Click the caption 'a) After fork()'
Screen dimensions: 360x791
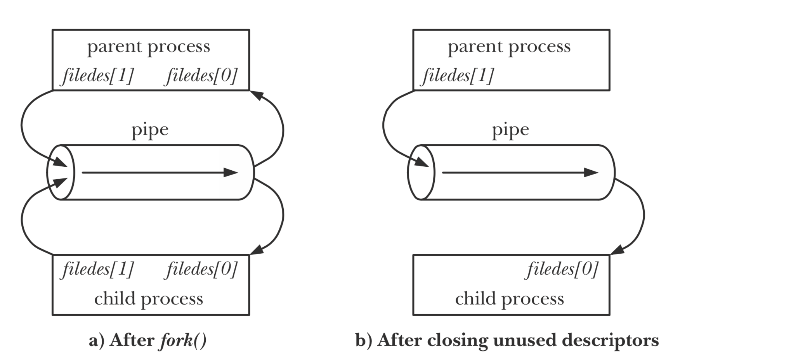coord(147,341)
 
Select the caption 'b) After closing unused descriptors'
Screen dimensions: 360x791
coord(507,341)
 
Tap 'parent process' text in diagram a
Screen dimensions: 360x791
coord(149,47)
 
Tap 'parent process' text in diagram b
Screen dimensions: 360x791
coord(509,47)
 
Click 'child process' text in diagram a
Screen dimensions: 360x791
coord(149,299)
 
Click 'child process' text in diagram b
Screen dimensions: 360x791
coord(509,299)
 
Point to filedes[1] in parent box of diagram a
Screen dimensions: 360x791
coord(98,75)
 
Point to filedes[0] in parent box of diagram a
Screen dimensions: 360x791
coord(202,75)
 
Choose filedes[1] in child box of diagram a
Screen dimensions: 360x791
coord(98,269)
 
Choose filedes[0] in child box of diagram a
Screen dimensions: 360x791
coord(202,269)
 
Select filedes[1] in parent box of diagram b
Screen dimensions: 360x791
coord(458,75)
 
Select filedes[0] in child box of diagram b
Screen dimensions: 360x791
coord(562,269)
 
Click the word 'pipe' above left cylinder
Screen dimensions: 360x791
coord(150,130)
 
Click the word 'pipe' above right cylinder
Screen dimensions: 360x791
coord(510,130)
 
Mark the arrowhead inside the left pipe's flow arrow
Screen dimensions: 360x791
coord(231,172)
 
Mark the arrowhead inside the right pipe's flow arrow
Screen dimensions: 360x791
coord(592,172)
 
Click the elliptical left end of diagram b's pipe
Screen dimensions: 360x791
coord(421,173)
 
